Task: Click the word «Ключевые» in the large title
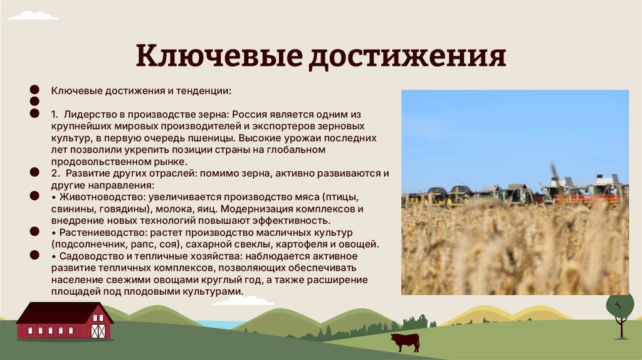tap(216, 56)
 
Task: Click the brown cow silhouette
tap(404, 342)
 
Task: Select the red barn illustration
tap(64, 320)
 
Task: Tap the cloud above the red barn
tap(243, 301)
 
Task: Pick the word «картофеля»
tap(308, 243)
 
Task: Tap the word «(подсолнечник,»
tap(85, 243)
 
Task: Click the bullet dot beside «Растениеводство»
tap(35, 232)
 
